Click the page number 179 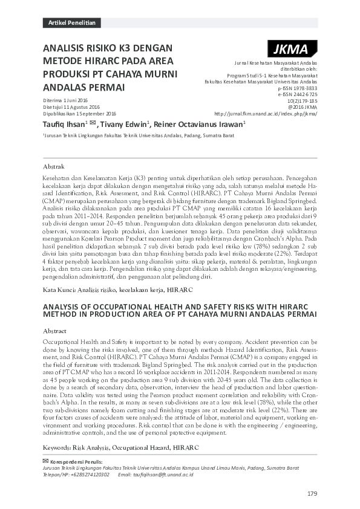coord(312,494)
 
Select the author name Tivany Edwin coord(125,124)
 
